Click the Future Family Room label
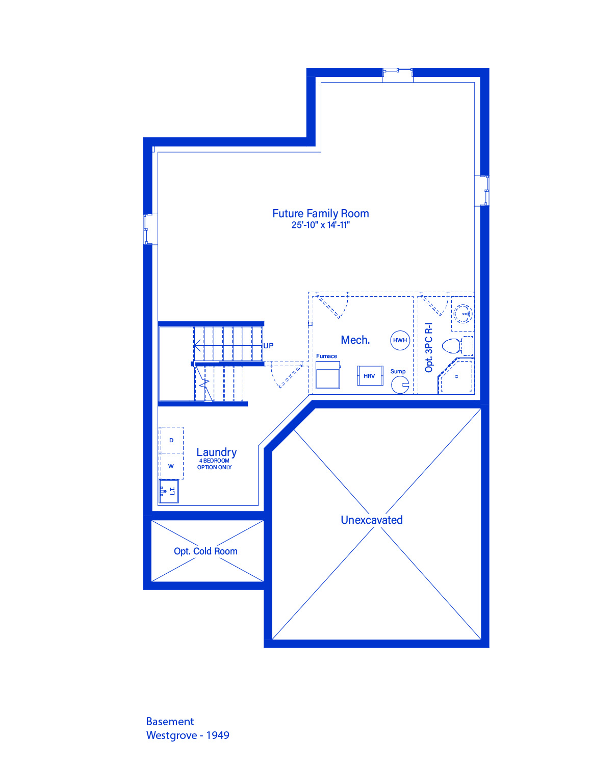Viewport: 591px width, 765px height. point(320,214)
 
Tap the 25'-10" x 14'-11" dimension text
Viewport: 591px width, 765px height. point(320,225)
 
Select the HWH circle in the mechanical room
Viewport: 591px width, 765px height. point(400,340)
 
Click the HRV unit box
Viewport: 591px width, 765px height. point(370,376)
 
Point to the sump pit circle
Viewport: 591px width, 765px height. point(400,385)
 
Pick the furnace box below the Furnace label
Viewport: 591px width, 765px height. point(327,375)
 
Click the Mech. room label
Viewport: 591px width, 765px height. point(355,340)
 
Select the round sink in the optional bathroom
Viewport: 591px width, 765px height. point(462,314)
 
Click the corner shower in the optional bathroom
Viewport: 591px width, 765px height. point(456,376)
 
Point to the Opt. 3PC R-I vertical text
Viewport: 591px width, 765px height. point(428,347)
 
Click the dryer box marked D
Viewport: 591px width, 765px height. point(171,440)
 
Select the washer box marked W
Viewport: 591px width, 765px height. point(171,466)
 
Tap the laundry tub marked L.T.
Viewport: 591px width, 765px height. point(169,491)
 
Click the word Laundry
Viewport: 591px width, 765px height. point(217,452)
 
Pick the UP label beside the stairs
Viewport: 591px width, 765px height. point(268,346)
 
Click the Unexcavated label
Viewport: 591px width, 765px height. point(372,520)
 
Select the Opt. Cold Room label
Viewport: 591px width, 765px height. point(205,551)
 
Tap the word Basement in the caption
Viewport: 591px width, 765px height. point(170,721)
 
